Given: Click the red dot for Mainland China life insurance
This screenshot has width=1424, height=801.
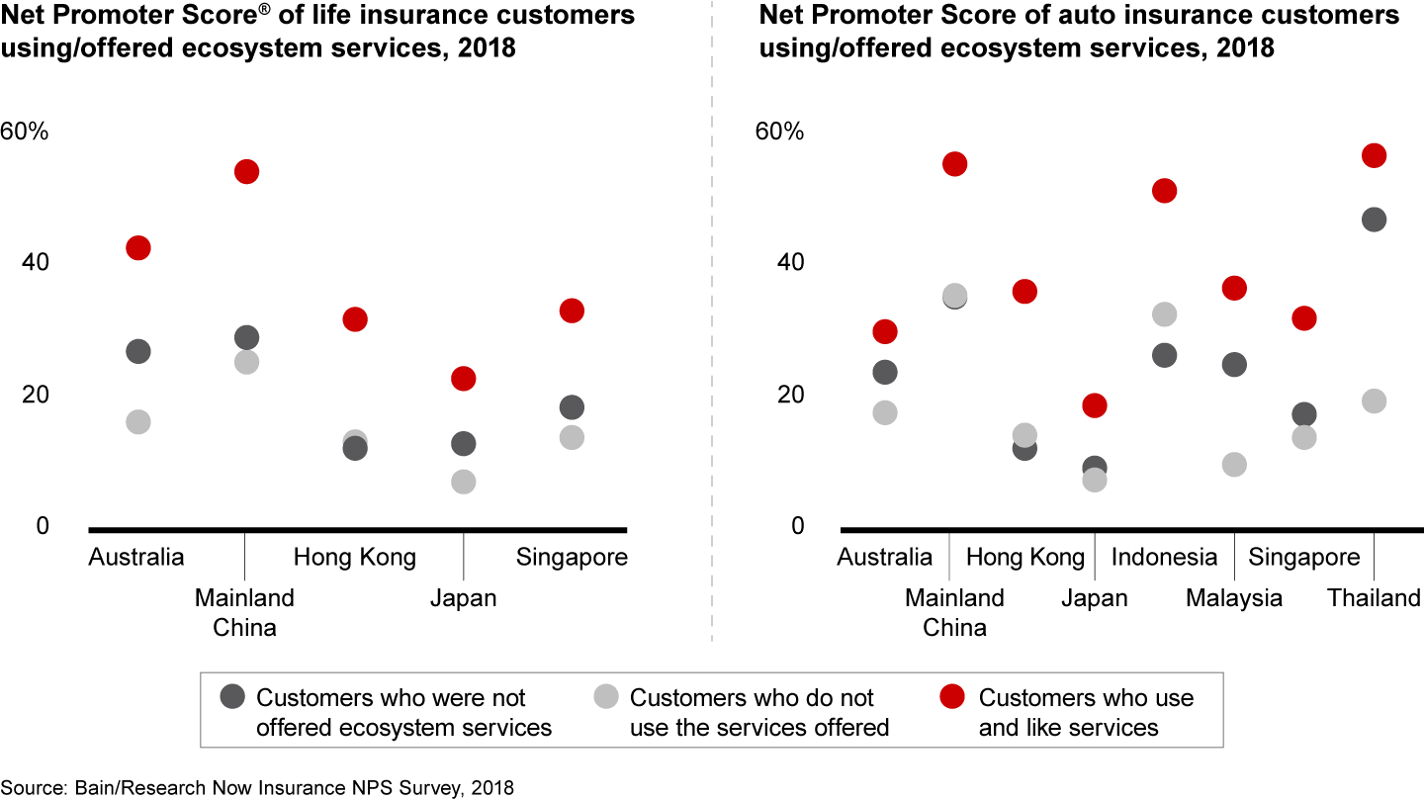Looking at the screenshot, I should pyautogui.click(x=246, y=172).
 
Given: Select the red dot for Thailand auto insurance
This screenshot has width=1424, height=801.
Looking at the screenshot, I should pyautogui.click(x=1374, y=155).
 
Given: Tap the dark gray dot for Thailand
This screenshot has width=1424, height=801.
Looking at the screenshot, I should pyautogui.click(x=1374, y=220).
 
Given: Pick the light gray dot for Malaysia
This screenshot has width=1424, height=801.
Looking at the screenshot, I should pyautogui.click(x=1234, y=465).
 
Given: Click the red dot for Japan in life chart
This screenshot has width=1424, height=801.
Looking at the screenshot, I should pyautogui.click(x=463, y=379).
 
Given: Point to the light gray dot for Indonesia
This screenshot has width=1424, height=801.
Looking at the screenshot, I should pyautogui.click(x=1164, y=314).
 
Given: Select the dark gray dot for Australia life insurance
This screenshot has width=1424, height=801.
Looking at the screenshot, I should pyautogui.click(x=138, y=351).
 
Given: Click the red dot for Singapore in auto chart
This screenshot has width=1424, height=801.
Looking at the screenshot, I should pyautogui.click(x=1304, y=318).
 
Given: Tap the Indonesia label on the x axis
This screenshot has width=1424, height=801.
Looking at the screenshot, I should pyautogui.click(x=1164, y=557).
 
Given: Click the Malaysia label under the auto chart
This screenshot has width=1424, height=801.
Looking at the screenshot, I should pyautogui.click(x=1234, y=598).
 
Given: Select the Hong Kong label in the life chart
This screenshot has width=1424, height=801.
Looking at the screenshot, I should pyautogui.click(x=354, y=557).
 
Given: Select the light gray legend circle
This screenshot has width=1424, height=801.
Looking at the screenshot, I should pyautogui.click(x=606, y=697).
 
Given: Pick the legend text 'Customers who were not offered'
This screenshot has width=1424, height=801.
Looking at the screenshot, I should pyautogui.click(x=391, y=697).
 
